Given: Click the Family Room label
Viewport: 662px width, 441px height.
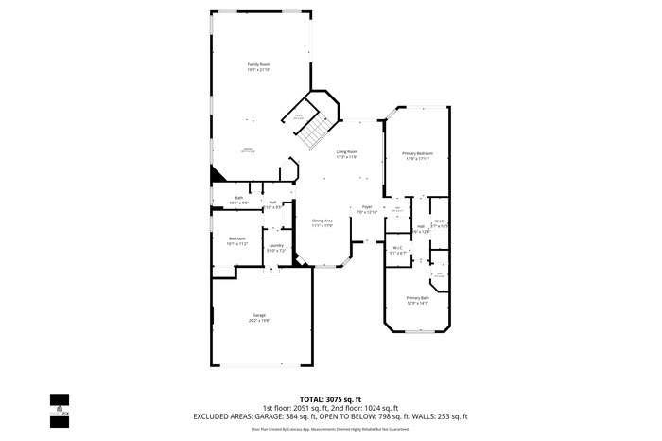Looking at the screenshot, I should [x=258, y=66].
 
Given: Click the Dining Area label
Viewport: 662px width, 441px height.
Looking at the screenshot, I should [x=322, y=222].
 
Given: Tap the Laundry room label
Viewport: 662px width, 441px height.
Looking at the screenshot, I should [x=275, y=248].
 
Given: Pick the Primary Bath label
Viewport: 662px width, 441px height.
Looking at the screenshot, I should [x=417, y=300].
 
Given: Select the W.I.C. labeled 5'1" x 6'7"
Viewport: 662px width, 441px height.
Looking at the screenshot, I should [x=398, y=250].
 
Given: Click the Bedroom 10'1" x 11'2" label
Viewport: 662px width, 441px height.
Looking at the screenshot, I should [x=236, y=240].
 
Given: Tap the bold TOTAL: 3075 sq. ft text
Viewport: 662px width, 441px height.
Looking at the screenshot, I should [x=330, y=399].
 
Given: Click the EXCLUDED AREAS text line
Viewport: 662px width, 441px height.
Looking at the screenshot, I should [x=330, y=416].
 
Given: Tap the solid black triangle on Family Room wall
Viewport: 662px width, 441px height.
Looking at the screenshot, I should [x=217, y=173].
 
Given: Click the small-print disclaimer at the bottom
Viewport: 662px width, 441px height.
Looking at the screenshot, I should [x=330, y=429].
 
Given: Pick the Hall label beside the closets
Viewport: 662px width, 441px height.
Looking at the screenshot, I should [x=420, y=228].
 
